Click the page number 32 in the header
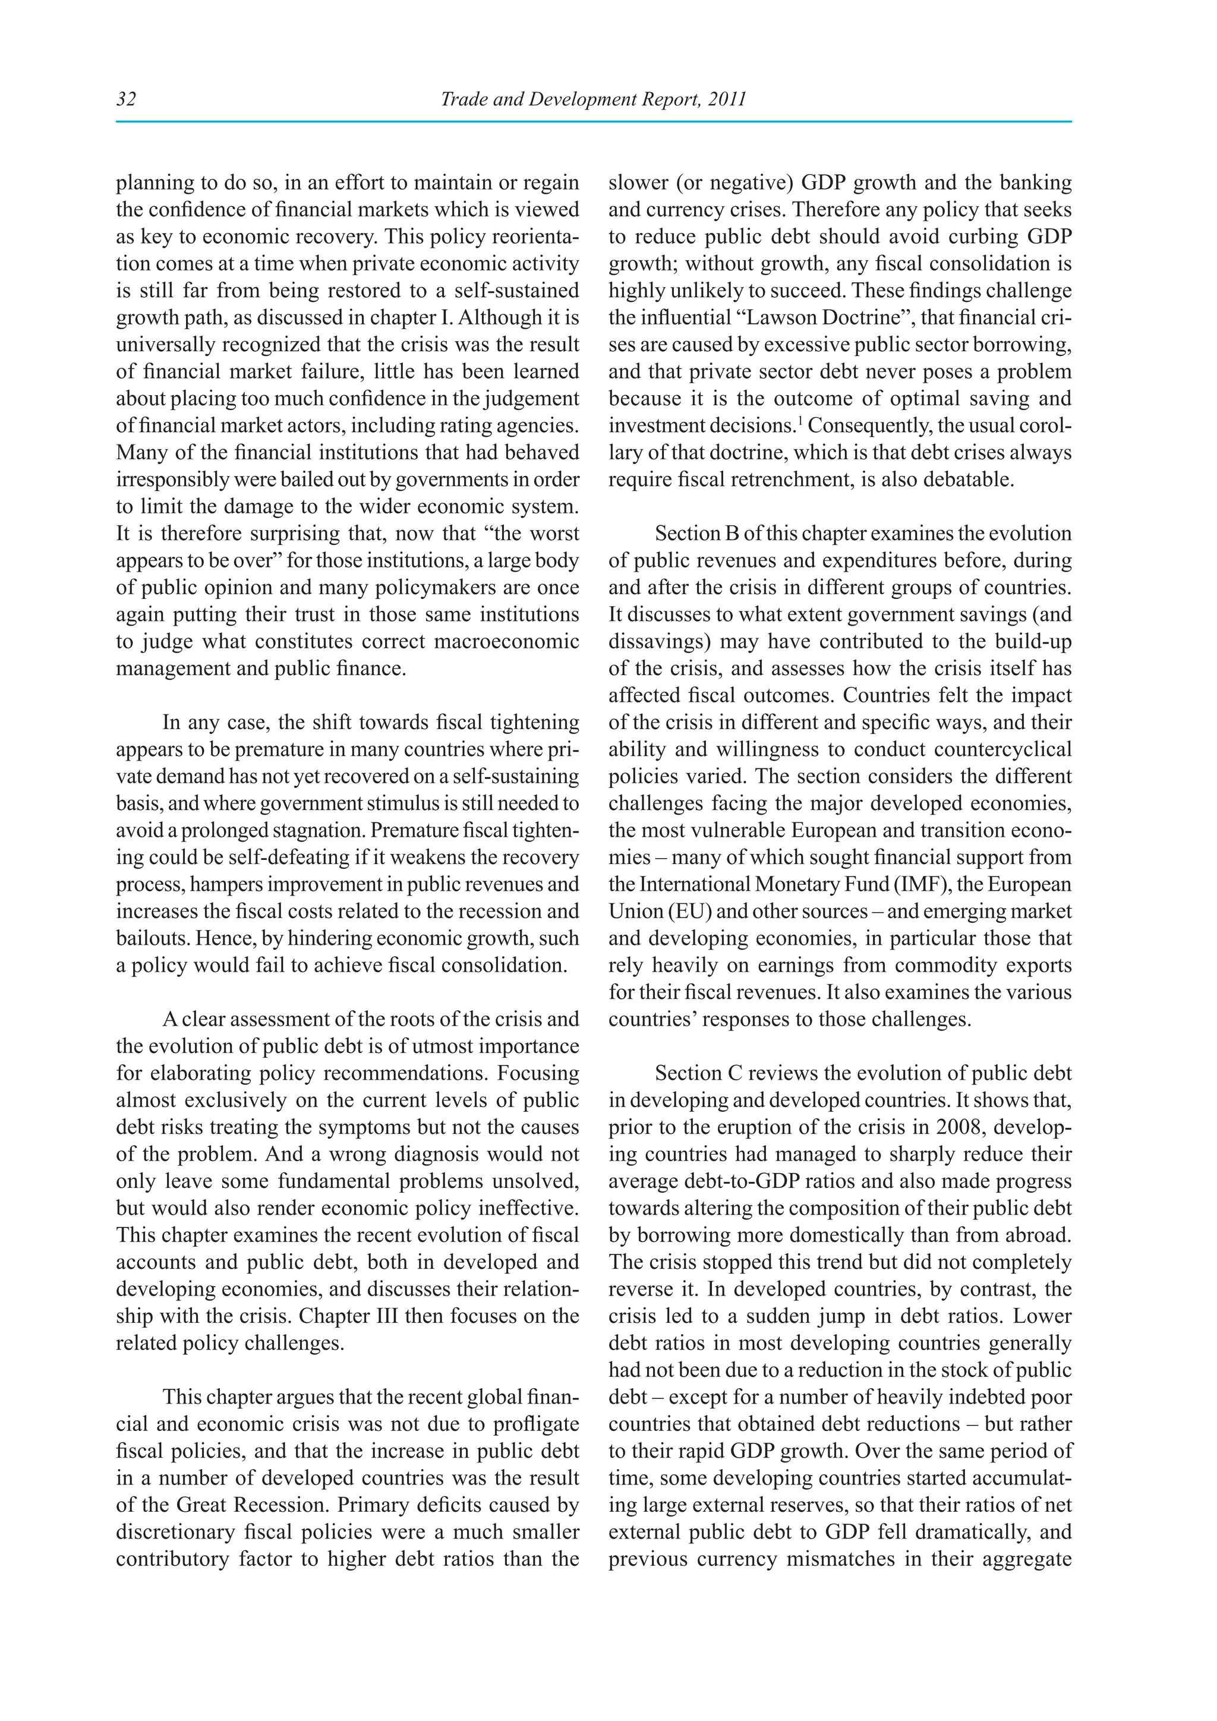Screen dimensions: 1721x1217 point(126,100)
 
